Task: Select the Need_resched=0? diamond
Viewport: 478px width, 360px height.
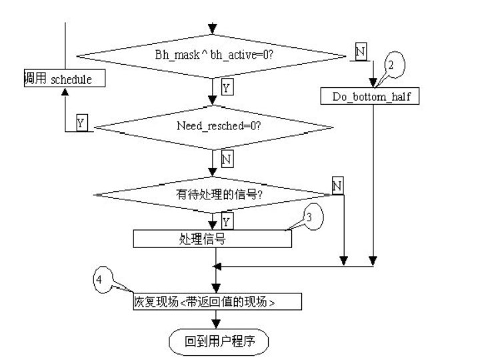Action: (213, 126)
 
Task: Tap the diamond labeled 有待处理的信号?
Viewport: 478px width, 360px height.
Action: (213, 195)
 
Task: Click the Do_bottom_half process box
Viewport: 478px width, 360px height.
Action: (374, 97)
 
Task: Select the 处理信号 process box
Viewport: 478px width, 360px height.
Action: (213, 239)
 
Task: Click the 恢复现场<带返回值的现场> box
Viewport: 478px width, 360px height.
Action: (213, 302)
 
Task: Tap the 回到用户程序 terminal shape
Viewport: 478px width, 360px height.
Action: (218, 342)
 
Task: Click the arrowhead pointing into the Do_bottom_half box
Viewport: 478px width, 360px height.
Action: (374, 85)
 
